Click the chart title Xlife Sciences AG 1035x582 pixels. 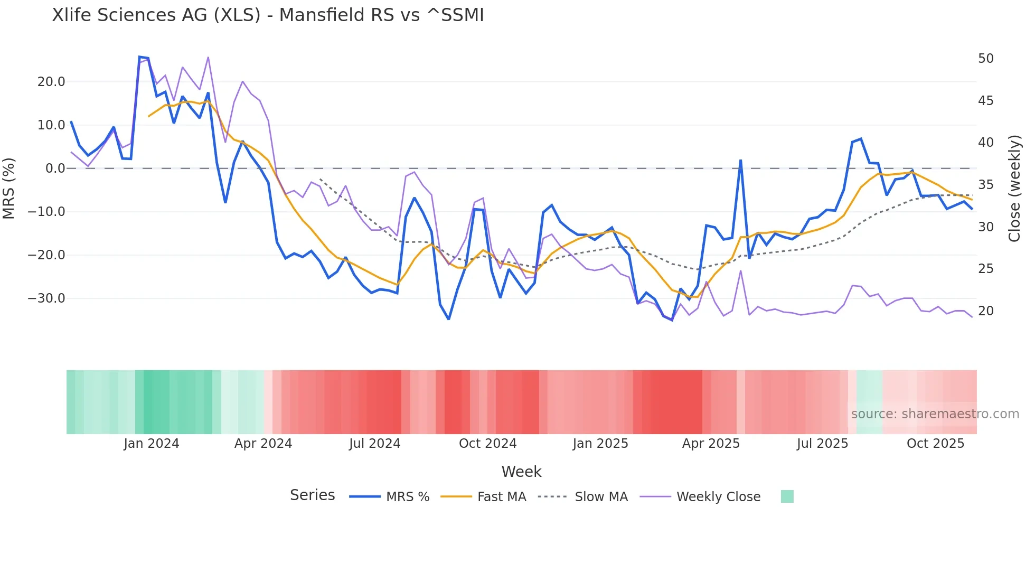(268, 15)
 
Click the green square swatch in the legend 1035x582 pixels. (787, 496)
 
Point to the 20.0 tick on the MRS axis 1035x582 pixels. (51, 82)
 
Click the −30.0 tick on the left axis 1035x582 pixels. (46, 298)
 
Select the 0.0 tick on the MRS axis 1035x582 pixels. (55, 168)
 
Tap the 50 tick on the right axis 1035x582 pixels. (985, 59)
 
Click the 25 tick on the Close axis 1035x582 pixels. (985, 269)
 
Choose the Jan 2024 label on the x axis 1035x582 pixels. (152, 444)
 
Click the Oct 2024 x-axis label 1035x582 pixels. (487, 444)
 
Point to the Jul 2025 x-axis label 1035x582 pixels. (822, 444)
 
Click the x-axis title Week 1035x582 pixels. (521, 472)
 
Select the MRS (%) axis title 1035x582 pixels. (9, 188)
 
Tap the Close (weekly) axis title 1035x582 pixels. (1014, 189)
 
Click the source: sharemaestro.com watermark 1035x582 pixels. (935, 414)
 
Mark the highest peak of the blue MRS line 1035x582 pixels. (140, 57)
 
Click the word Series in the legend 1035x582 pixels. (312, 495)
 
